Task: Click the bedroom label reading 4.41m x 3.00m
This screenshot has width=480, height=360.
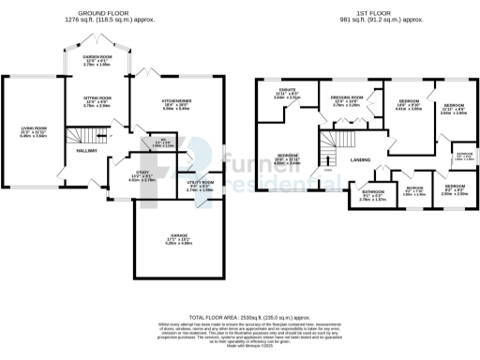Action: click(x=407, y=104)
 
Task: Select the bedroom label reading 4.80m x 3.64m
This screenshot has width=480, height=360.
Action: click(x=287, y=159)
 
